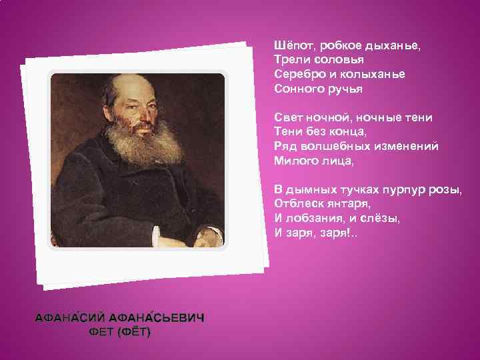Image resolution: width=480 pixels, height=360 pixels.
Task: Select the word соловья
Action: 331,59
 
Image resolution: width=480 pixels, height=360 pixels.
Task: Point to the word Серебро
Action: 298,73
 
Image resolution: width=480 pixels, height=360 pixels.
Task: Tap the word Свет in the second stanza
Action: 289,118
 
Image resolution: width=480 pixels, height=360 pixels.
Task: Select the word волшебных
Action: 332,146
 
